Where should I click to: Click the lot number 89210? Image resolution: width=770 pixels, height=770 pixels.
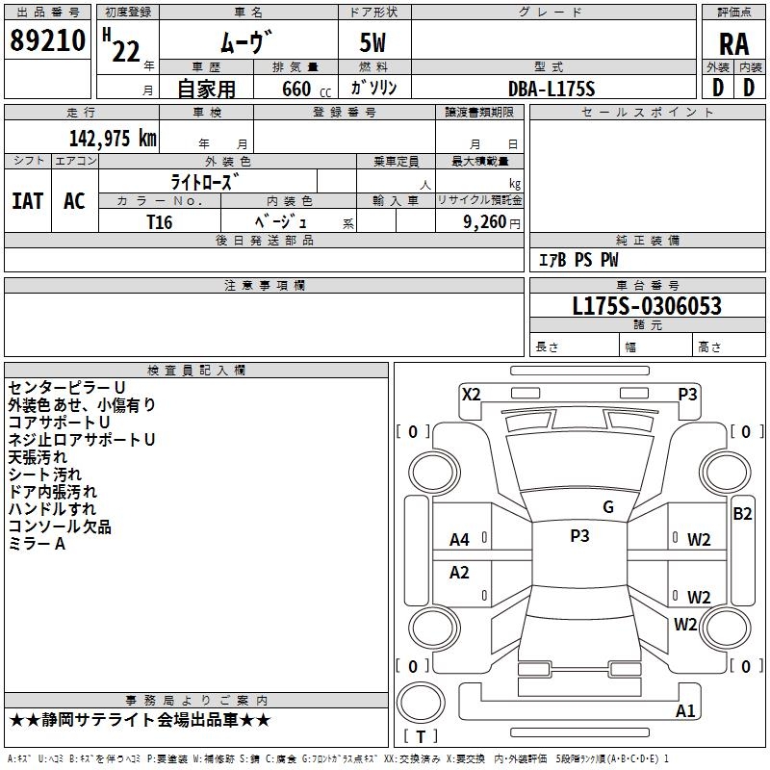coord(47,40)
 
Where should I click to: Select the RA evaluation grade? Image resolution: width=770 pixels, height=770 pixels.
coord(733,44)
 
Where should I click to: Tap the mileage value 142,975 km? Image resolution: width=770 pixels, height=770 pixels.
coord(113,138)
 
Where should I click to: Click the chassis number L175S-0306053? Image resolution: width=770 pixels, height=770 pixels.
coord(647,306)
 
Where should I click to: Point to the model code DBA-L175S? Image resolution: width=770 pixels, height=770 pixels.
coord(552,89)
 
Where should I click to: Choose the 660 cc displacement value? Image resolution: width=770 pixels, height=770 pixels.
coord(306,89)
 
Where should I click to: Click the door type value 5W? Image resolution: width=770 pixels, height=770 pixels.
coord(372,42)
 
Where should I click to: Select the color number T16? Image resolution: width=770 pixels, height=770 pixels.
coord(160,222)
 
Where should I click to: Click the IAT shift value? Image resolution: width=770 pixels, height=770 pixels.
coord(28,201)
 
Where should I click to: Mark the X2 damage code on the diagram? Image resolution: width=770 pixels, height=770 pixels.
coord(472,395)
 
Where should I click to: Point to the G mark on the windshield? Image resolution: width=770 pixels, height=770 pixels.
coord(608,507)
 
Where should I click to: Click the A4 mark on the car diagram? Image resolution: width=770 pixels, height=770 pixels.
coord(460,540)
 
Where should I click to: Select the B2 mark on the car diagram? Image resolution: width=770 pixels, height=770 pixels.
coord(742,514)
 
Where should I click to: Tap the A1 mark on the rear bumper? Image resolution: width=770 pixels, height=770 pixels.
coord(685,710)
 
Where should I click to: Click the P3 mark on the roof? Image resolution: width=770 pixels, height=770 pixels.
coord(579,535)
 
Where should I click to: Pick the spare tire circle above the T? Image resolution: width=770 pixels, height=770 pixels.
coord(421,703)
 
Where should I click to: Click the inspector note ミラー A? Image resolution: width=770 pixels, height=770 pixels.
coord(37,544)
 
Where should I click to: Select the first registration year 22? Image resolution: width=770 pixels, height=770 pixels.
coord(126,51)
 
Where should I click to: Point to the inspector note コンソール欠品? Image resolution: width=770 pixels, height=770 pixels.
coord(60,526)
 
